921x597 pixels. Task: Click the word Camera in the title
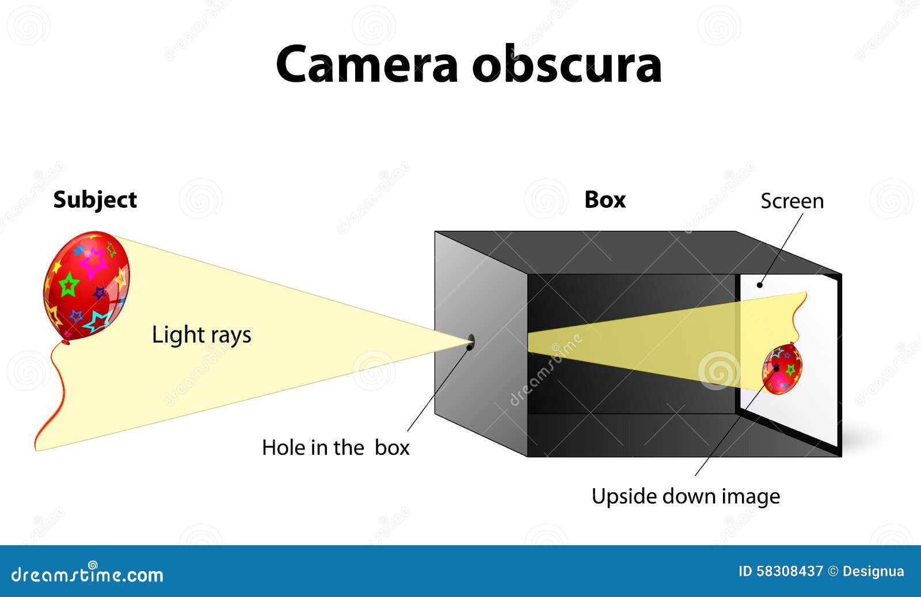(367, 64)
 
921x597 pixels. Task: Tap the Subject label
(95, 200)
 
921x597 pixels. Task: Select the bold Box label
(605, 200)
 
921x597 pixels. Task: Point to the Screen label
(792, 201)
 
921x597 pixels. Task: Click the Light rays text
(201, 335)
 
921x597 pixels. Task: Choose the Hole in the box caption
(336, 447)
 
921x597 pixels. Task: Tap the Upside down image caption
(686, 497)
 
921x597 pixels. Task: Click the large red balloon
(86, 286)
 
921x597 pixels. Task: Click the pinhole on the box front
(471, 341)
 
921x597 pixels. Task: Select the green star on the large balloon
(68, 284)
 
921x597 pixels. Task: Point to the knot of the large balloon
(66, 342)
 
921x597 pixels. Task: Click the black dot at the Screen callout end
(760, 284)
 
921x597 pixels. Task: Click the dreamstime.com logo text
(87, 574)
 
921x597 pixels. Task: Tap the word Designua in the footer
(873, 571)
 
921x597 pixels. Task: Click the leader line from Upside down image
(736, 422)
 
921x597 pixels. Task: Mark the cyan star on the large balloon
(97, 321)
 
